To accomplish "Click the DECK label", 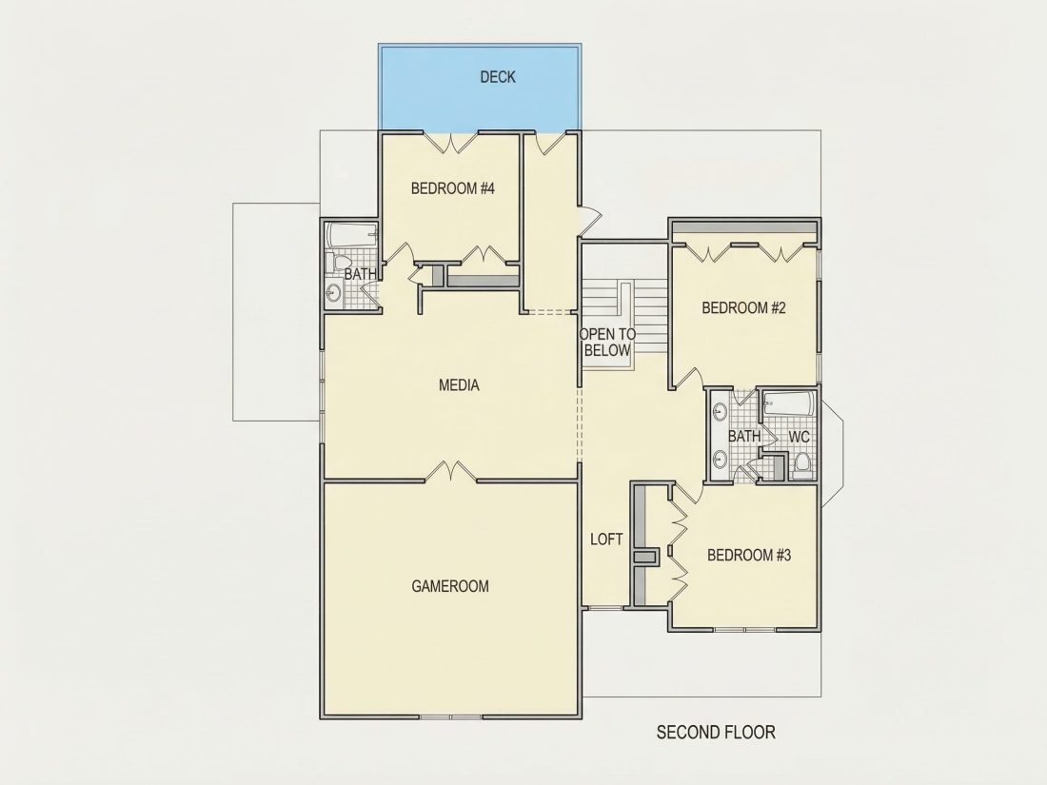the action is (498, 77).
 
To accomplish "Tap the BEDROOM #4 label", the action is (453, 188).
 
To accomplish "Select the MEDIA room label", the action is (459, 385).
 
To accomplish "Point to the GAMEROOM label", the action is (450, 586).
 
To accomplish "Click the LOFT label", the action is (606, 540).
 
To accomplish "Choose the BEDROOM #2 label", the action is (744, 307).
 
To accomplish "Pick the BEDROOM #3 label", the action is (749, 555).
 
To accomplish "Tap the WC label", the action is (800, 438).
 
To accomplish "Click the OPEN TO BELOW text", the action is (607, 342).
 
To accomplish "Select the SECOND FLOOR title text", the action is (716, 733).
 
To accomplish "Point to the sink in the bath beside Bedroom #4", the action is (333, 292).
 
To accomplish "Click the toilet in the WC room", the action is (802, 462).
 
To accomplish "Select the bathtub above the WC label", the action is (789, 404).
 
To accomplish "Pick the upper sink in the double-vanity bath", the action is (720, 413).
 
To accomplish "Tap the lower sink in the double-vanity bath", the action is (720, 459).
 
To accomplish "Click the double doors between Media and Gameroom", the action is (451, 471).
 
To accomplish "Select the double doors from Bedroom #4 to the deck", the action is (451, 142).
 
